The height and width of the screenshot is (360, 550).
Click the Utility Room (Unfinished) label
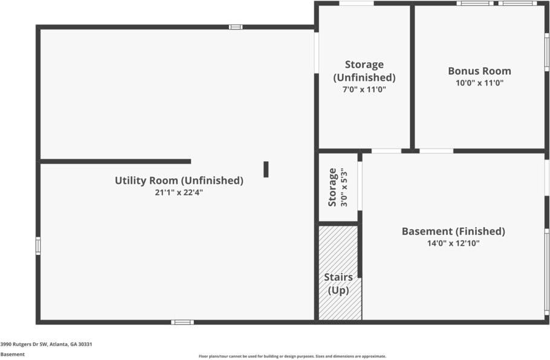179,180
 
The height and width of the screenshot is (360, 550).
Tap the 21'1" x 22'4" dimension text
179,193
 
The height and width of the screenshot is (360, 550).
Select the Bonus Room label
479,71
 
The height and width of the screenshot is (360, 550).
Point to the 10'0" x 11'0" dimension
479,83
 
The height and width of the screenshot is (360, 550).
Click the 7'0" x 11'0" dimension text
364,89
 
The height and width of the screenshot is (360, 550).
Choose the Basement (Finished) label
453,231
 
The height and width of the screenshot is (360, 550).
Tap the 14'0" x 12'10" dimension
453,243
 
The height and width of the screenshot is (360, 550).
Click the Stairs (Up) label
338,284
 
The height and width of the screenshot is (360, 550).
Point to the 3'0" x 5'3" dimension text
344,187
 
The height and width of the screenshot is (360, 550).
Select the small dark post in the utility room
266,169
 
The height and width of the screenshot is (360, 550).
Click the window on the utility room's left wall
38,246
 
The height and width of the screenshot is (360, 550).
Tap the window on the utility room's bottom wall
182,322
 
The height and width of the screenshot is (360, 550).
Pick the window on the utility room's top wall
236,27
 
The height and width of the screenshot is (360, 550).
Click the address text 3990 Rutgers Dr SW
46,344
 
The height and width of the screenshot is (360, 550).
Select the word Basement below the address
13,355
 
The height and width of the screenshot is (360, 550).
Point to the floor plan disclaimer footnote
292,356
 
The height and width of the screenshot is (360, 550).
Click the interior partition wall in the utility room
115,161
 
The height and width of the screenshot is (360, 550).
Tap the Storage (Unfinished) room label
364,71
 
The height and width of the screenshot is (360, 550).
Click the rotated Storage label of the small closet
332,187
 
